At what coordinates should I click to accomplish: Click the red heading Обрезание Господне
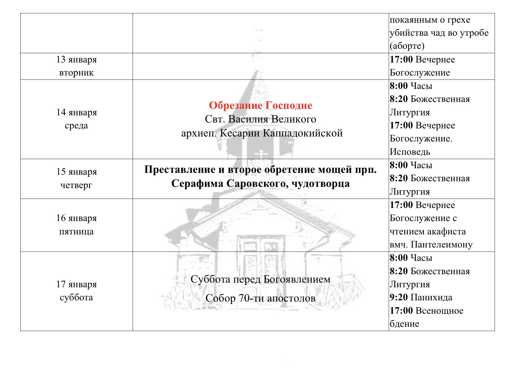pos(260,105)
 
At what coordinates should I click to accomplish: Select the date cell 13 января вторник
pos(76,66)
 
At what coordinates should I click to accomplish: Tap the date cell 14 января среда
pos(76,119)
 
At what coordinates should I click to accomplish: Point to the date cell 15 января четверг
pos(76,178)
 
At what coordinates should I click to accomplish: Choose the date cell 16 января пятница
pos(76,224)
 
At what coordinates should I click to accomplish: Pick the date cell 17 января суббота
pos(76,291)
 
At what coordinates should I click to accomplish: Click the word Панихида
pos(431,298)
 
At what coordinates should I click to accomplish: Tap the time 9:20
pos(399,298)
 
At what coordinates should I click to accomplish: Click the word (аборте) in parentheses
pos(407,46)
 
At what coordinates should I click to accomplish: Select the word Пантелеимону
pos(441,245)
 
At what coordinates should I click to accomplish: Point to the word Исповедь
pos(410,152)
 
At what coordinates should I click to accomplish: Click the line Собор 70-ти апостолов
pos(260,298)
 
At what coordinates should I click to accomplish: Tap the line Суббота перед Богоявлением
pos(260,279)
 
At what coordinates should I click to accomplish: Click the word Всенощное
pos(439,311)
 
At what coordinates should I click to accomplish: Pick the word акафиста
pos(447,232)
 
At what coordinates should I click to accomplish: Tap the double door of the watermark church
pos(261,264)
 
